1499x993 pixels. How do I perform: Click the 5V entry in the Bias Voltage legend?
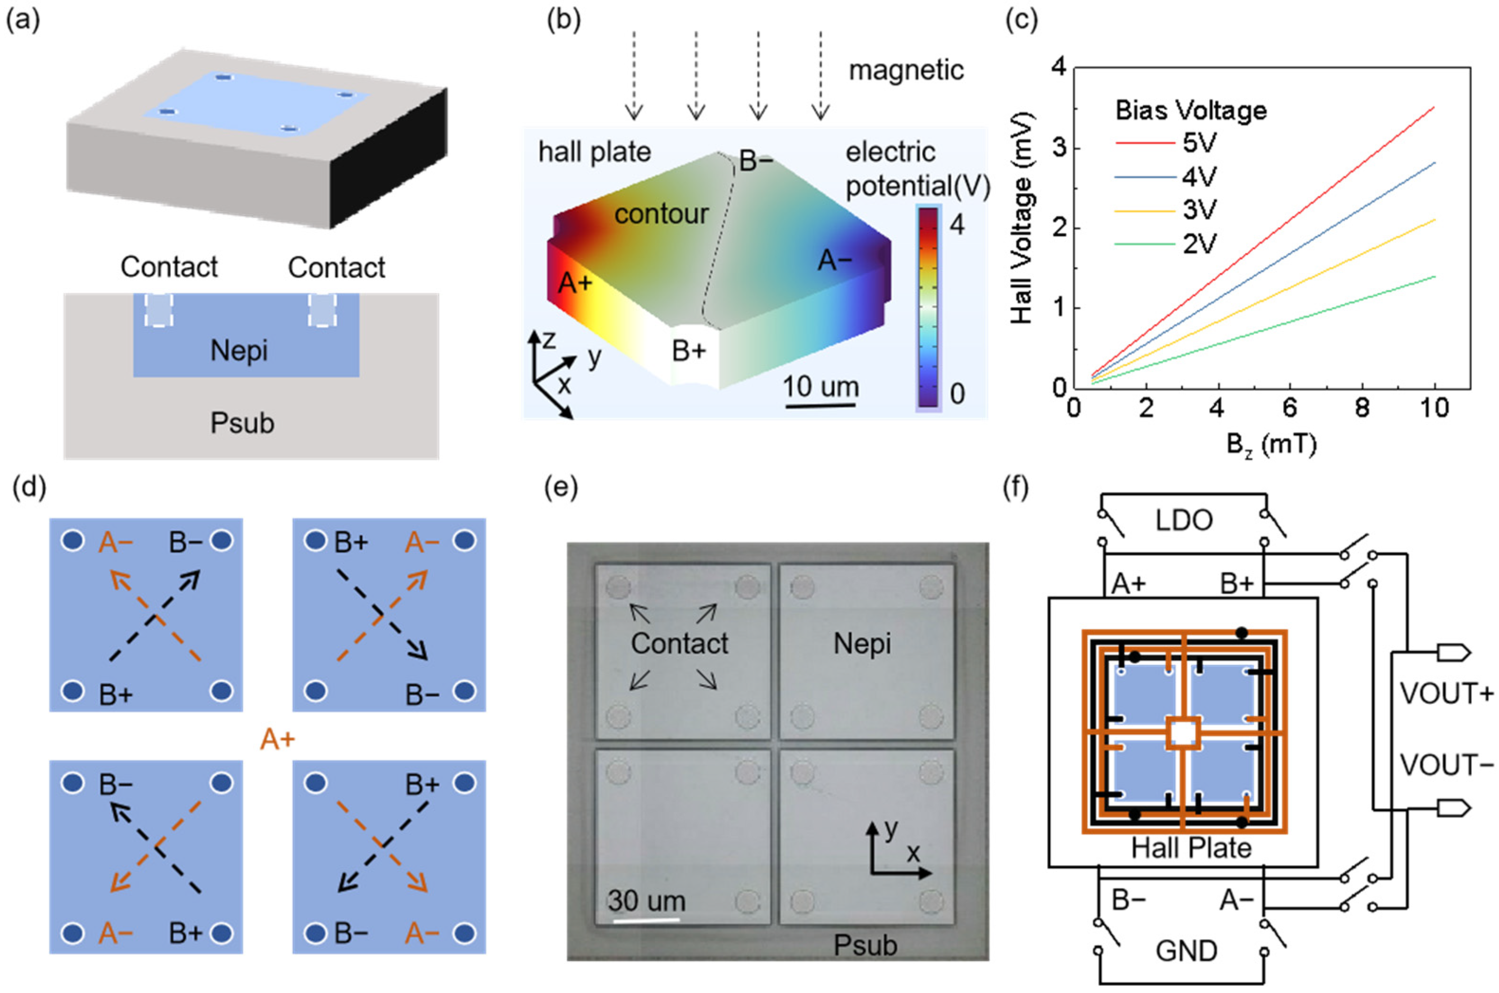[x=1199, y=143]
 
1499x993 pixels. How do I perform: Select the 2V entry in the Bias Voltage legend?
[x=1199, y=244]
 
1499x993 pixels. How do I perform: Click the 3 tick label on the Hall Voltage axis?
[x=1059, y=147]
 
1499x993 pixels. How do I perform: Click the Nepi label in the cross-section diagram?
[x=239, y=350]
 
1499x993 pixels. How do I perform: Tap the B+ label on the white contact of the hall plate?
[x=689, y=350]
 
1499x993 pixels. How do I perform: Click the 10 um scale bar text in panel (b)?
[x=821, y=386]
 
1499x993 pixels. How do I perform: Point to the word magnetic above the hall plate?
[x=906, y=70]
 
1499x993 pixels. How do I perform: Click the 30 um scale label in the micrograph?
[x=646, y=901]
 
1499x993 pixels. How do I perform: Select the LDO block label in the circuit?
[x=1184, y=520]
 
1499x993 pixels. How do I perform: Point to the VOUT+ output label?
[x=1446, y=693]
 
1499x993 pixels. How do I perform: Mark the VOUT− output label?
[x=1446, y=765]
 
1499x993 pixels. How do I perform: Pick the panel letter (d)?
[x=29, y=488]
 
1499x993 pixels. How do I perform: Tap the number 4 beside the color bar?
[x=957, y=225]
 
